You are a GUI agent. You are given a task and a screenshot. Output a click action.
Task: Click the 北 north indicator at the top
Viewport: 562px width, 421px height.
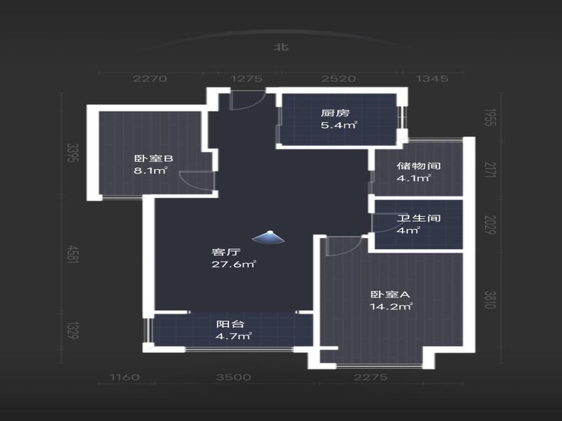282,47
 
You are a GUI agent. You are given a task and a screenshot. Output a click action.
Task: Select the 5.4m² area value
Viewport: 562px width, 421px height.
339,126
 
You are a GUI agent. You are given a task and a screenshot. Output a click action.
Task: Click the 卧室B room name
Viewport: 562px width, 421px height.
153,159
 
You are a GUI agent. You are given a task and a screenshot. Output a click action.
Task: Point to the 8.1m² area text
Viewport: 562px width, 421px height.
151,171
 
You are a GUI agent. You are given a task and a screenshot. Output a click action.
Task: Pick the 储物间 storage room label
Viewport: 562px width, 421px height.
419,166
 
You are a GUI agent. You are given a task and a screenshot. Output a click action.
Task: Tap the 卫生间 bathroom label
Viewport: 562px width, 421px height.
419,218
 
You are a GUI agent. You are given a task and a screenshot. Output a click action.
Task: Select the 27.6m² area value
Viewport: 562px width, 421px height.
233,265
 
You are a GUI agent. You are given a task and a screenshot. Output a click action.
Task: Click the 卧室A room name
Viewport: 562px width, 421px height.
390,295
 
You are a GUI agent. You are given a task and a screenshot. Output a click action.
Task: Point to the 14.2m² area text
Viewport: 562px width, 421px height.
391,307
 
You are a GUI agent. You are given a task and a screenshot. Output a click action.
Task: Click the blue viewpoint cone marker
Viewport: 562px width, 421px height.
268,237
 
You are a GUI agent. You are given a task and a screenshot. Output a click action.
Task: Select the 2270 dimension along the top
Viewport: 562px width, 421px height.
150,79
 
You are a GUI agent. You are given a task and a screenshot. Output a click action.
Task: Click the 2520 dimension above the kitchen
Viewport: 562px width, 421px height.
339,79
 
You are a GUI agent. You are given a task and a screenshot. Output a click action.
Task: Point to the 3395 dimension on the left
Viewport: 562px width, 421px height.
73,152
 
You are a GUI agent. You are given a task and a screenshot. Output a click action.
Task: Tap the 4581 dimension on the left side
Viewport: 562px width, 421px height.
73,255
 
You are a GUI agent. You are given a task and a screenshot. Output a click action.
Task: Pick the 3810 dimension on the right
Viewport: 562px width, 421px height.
490,300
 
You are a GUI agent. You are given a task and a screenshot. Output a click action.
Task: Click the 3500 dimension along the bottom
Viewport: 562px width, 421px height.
234,377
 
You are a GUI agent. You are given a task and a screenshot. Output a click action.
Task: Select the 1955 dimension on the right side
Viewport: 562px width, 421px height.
490,117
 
